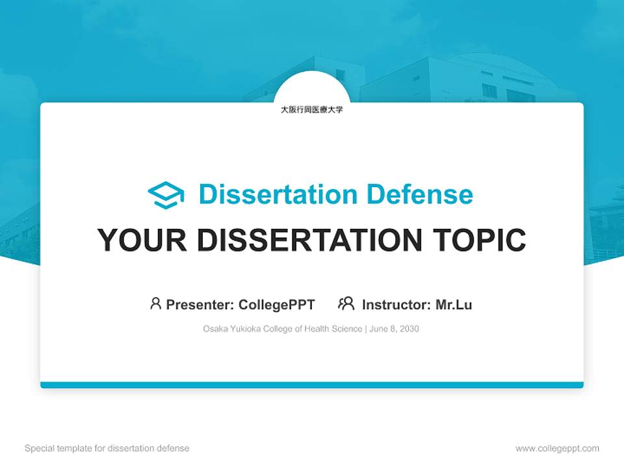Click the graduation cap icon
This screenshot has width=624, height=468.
coord(166,195)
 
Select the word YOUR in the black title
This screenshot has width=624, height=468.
coord(142,240)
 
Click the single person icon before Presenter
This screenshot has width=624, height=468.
coord(155,304)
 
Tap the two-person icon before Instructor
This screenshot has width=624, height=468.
coord(346,304)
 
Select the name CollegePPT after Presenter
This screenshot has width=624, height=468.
coord(276,305)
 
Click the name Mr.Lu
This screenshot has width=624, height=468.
coord(454,305)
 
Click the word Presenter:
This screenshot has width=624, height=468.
coord(200,305)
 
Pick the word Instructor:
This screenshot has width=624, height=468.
coord(396,305)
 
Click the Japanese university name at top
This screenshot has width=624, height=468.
coord(311,110)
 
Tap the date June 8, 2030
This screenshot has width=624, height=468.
coord(395,329)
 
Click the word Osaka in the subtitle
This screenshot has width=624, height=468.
coord(215,329)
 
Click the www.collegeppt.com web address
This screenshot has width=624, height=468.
coord(557,448)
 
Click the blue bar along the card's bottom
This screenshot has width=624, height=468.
coord(311,385)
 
